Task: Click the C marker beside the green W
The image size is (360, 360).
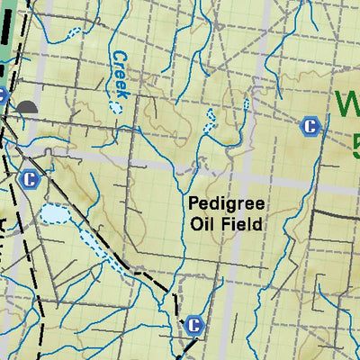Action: [x=310, y=127]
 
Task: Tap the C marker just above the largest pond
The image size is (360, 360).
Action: [x=29, y=178]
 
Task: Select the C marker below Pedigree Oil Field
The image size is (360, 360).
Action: [x=193, y=325]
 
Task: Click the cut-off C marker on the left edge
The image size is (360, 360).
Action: [x=3, y=95]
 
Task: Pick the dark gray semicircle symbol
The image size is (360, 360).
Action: [x=27, y=108]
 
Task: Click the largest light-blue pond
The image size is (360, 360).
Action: [x=53, y=214]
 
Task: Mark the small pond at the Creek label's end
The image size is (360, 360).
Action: [x=115, y=107]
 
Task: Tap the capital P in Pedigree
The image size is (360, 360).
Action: [x=193, y=204]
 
